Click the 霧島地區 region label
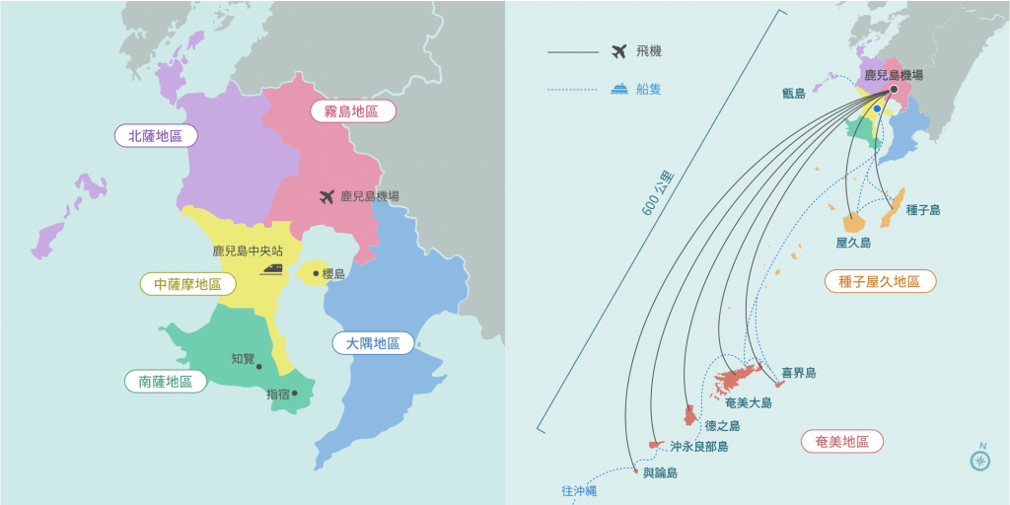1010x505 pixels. [352, 111]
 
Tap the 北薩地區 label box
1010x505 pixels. [155, 136]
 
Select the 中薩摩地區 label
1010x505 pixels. [187, 284]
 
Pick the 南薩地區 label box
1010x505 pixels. [166, 380]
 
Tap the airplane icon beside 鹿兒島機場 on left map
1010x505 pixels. [328, 196]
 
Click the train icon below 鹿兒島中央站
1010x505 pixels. [271, 267]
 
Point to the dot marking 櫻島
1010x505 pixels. [316, 273]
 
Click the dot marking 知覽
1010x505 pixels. [259, 367]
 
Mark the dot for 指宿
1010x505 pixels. [294, 394]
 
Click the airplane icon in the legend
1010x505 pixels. [619, 51]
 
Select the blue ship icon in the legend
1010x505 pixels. [619, 89]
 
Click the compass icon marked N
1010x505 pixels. [979, 460]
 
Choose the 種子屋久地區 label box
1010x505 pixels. [879, 281]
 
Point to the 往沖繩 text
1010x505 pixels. [579, 490]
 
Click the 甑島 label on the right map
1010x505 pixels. [793, 94]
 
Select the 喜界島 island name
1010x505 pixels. [798, 373]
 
